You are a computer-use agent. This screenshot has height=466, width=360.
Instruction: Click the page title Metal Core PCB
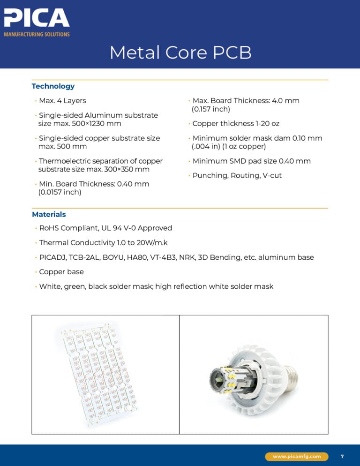pyautogui.click(x=180, y=53)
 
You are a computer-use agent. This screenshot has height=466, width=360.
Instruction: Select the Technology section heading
pyautogui.click(x=53, y=86)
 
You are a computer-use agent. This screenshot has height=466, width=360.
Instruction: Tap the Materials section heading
pyautogui.click(x=49, y=214)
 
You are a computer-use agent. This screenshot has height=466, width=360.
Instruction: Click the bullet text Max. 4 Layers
pyautogui.click(x=62, y=101)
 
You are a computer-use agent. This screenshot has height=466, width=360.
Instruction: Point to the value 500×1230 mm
pyautogui.click(x=97, y=124)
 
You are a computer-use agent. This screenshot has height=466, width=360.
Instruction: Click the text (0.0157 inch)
pyautogui.click(x=60, y=192)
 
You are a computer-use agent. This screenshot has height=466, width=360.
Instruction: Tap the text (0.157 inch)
pyautogui.click(x=211, y=109)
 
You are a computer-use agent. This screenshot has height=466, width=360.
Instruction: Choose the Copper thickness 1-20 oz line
pyautogui.click(x=236, y=124)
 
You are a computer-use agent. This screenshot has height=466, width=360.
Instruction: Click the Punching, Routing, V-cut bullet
pyautogui.click(x=237, y=175)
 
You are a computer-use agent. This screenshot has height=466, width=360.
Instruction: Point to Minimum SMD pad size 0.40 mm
pyautogui.click(x=251, y=161)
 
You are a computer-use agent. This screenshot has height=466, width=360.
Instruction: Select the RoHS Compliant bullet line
pyautogui.click(x=105, y=228)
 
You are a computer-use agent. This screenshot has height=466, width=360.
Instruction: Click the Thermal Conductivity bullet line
pyautogui.click(x=103, y=243)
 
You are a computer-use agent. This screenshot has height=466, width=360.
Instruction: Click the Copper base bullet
pyautogui.click(x=61, y=272)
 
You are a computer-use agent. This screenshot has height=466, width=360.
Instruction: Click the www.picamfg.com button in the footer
pyautogui.click(x=297, y=456)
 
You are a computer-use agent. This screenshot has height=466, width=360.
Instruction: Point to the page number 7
pyautogui.click(x=342, y=456)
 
